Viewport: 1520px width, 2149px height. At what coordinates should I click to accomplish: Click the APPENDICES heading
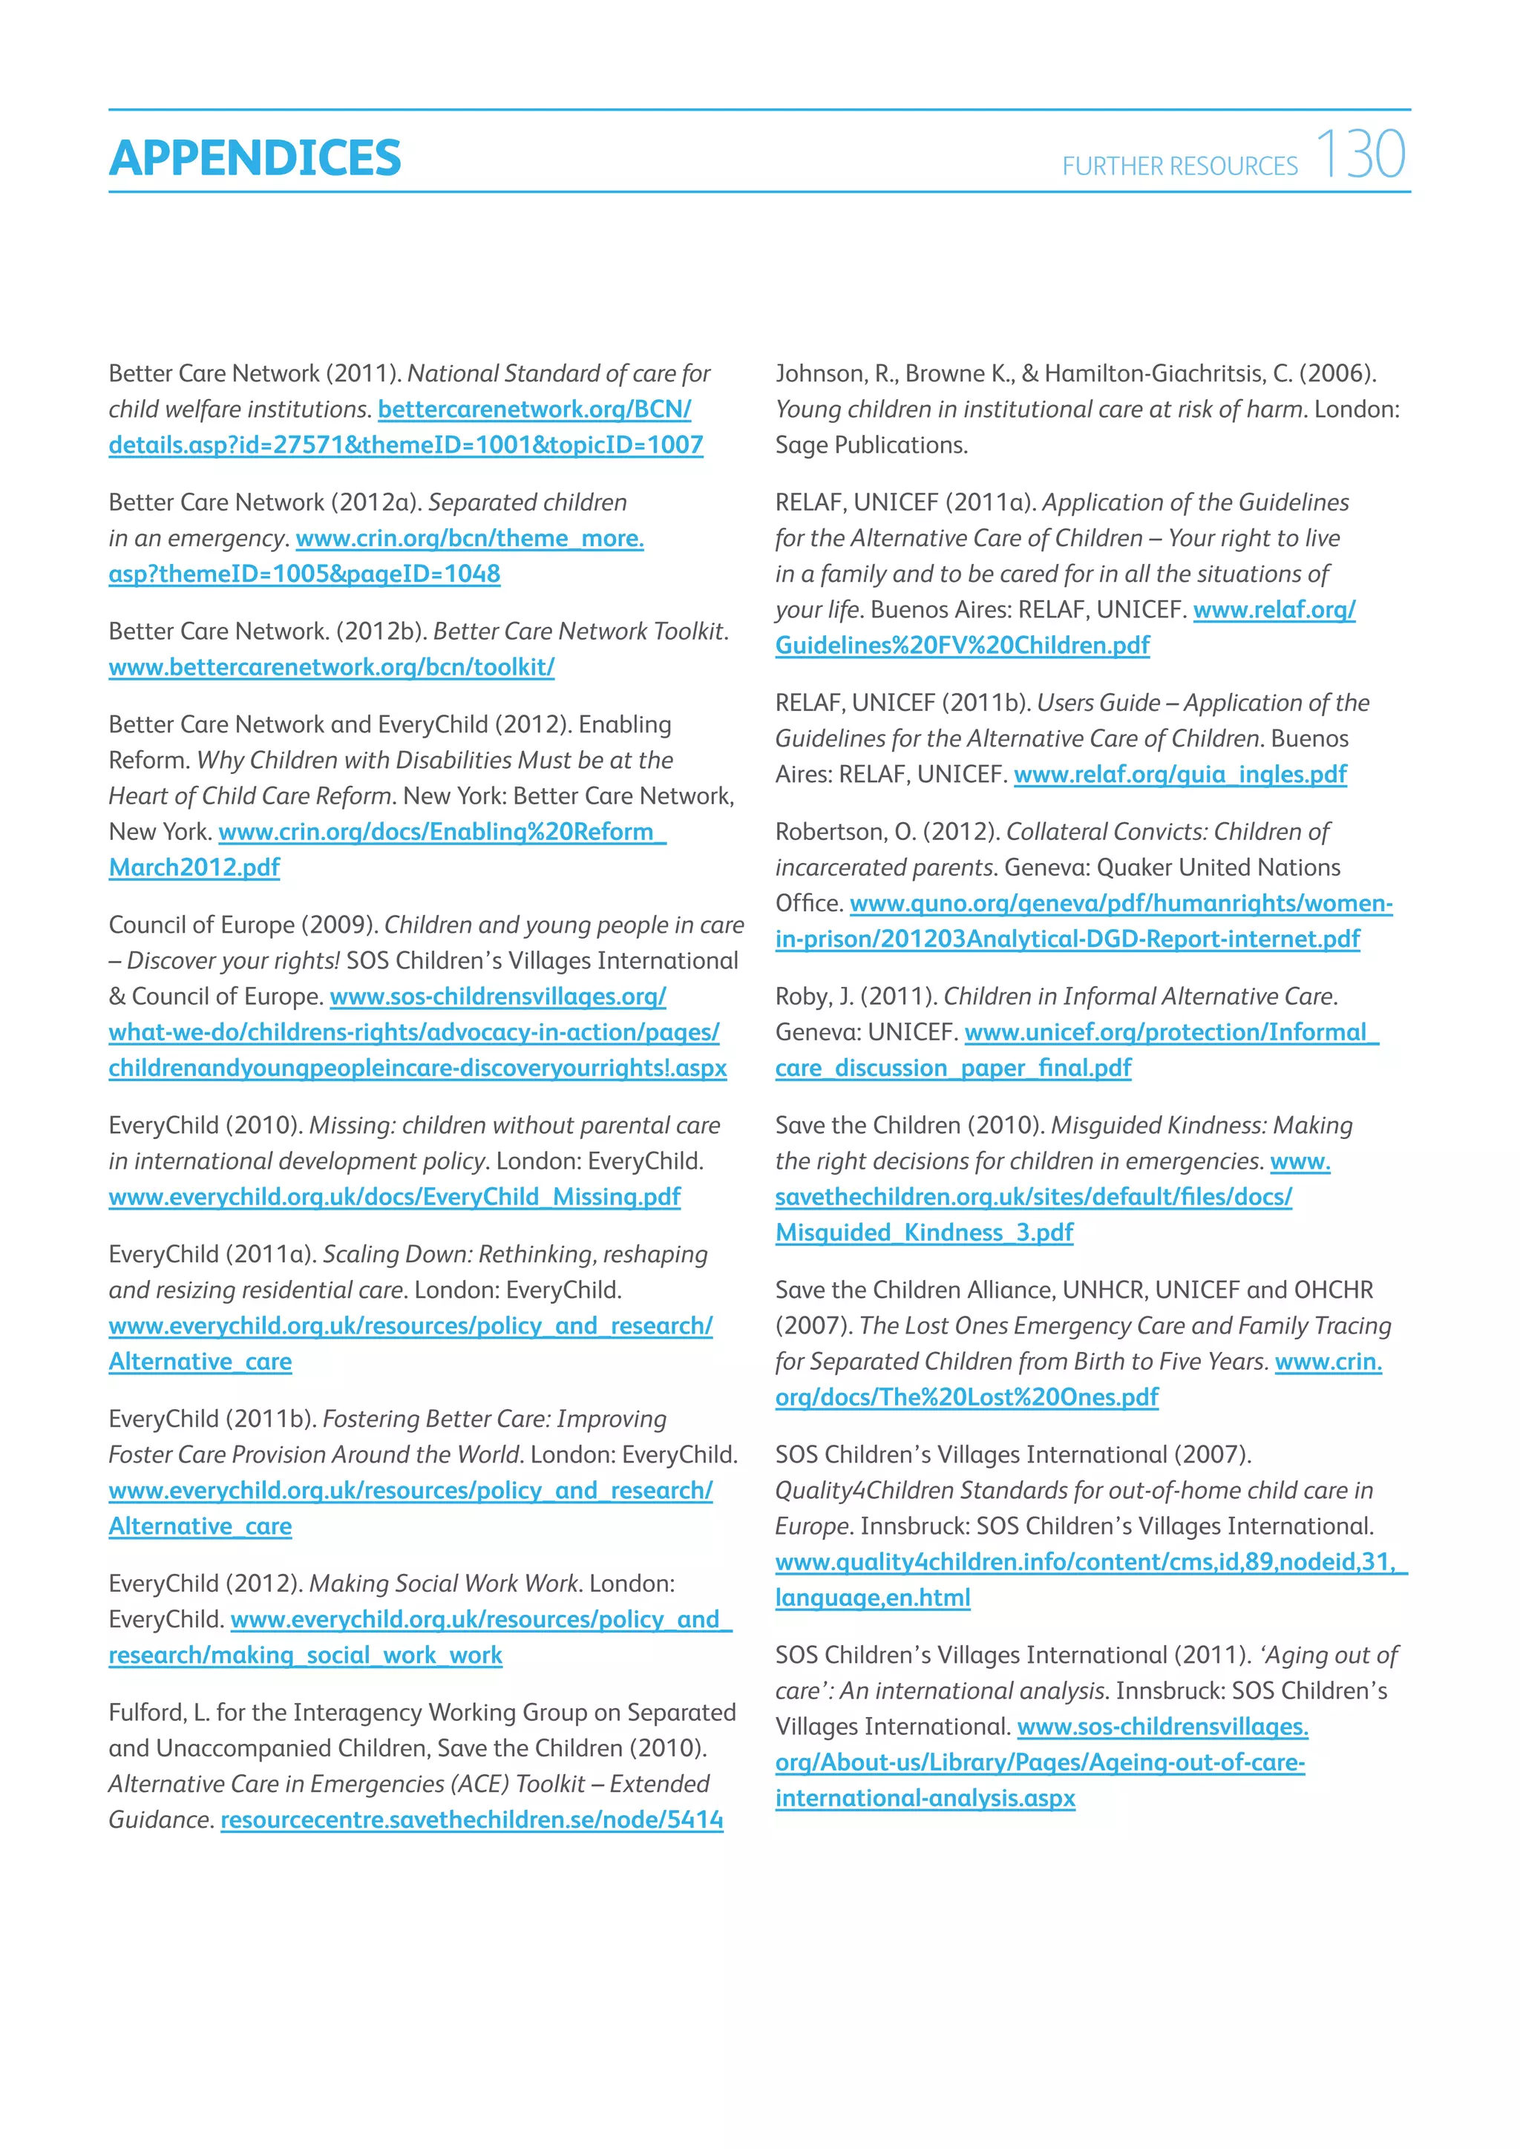[255, 157]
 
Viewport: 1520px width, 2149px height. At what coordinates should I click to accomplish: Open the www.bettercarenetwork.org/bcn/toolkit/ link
[331, 667]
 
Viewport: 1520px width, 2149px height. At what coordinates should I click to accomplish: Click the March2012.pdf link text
[194, 867]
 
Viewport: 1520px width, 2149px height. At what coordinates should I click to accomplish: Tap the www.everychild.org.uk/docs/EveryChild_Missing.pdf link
[394, 1197]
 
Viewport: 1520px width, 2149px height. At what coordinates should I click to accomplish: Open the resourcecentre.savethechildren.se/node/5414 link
[472, 1820]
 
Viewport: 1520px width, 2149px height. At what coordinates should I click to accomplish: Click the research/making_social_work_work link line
[305, 1656]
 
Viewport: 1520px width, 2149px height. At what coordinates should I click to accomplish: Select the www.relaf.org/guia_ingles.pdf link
[1179, 775]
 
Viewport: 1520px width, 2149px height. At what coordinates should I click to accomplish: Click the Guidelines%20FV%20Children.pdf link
[962, 646]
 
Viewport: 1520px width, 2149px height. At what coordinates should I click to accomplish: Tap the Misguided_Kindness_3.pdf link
[924, 1233]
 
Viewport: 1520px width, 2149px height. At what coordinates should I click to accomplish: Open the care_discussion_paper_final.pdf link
[953, 1068]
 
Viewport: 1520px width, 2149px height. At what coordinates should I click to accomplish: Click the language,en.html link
[872, 1598]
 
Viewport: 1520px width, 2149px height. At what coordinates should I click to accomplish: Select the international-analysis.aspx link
[925, 1798]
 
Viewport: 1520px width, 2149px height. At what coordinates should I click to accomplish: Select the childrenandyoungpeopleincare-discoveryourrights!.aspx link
[417, 1068]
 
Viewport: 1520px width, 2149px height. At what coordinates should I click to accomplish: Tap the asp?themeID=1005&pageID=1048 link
[304, 574]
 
